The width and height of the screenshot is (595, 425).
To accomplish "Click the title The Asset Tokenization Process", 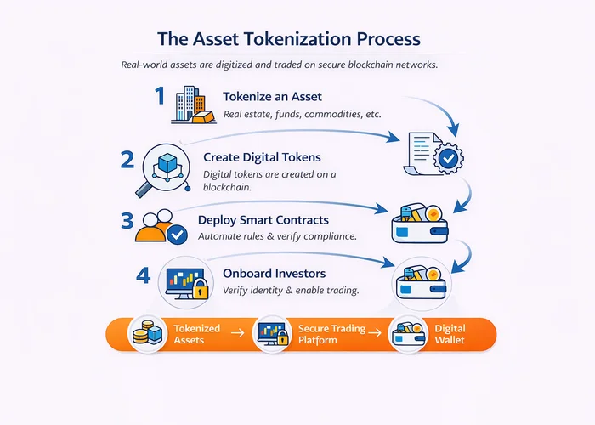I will click(x=288, y=40).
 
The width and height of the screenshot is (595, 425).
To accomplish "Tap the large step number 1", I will click(x=159, y=96).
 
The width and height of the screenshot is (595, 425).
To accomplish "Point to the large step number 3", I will click(x=127, y=221).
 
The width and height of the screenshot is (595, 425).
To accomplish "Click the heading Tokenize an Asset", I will click(x=272, y=96).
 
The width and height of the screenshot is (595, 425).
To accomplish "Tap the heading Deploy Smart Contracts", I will click(x=264, y=219).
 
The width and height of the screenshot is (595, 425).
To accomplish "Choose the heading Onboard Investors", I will click(x=275, y=274).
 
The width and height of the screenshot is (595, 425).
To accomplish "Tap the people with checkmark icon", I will click(x=163, y=227).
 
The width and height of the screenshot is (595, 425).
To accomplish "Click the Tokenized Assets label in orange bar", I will click(x=196, y=334).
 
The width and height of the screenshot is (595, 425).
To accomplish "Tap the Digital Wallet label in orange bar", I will click(x=450, y=334).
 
